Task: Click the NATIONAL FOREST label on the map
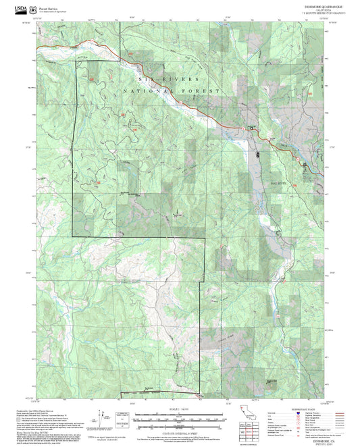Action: pyautogui.click(x=172, y=90)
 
